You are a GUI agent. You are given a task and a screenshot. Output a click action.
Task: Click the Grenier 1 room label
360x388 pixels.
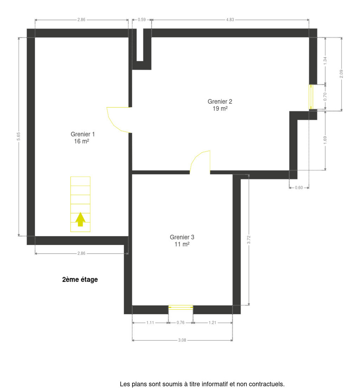click(x=82, y=137)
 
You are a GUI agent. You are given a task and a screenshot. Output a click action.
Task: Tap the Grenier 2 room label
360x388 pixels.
click(x=220, y=105)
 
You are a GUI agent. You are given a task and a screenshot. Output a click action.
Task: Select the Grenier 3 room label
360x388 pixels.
click(x=182, y=241)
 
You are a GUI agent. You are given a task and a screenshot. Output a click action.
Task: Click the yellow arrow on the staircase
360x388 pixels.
click(x=80, y=219)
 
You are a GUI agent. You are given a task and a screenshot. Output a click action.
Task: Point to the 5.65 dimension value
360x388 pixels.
click(x=18, y=136)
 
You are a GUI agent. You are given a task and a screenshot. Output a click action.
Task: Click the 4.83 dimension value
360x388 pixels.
click(x=230, y=20)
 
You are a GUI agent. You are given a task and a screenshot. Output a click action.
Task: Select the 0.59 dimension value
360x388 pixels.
click(x=142, y=20)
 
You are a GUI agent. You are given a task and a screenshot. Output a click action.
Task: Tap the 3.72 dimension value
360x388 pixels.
click(x=249, y=240)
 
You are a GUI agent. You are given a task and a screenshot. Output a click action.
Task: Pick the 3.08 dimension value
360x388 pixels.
click(x=182, y=340)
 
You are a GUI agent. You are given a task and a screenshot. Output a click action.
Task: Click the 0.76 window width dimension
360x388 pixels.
click(x=180, y=323)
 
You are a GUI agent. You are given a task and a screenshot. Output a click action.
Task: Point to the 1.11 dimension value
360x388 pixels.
click(x=150, y=323)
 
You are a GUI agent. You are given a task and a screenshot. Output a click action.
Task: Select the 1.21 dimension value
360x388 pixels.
click(x=212, y=323)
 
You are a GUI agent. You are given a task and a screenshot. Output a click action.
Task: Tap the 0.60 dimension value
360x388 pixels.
click(x=299, y=188)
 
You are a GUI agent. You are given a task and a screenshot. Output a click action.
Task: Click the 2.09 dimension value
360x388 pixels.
click(x=341, y=74)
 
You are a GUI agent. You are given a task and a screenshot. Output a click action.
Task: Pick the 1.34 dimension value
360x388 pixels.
click(x=325, y=61)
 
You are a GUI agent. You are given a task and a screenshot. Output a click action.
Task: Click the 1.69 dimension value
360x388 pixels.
click(x=325, y=140)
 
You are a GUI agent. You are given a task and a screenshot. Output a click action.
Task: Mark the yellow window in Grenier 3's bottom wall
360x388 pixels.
click(x=181, y=307)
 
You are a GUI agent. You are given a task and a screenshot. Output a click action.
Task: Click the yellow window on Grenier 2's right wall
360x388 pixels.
click(x=311, y=97)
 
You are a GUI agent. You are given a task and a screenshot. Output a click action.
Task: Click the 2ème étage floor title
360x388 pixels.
click(x=80, y=280)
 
